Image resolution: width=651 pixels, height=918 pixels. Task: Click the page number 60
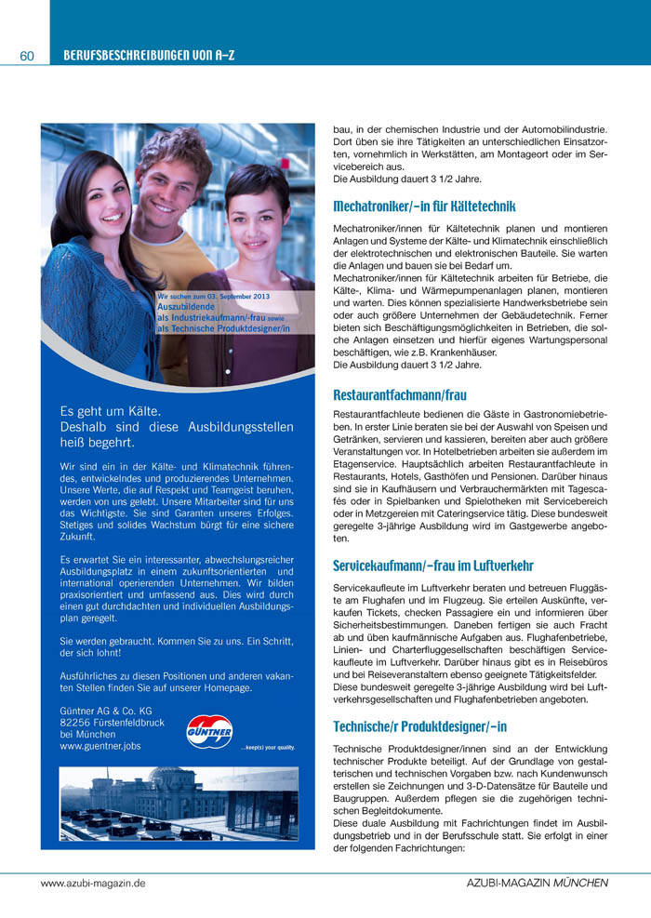[x=26, y=57]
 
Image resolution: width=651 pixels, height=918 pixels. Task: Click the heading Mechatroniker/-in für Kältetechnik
[x=424, y=206]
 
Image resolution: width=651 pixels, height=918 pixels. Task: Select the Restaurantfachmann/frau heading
[x=400, y=394]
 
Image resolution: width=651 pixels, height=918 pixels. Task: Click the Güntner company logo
[x=209, y=730]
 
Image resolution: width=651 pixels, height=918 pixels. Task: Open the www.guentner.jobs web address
[x=100, y=746]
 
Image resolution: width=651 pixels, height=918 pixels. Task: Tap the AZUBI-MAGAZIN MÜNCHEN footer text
[x=537, y=883]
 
